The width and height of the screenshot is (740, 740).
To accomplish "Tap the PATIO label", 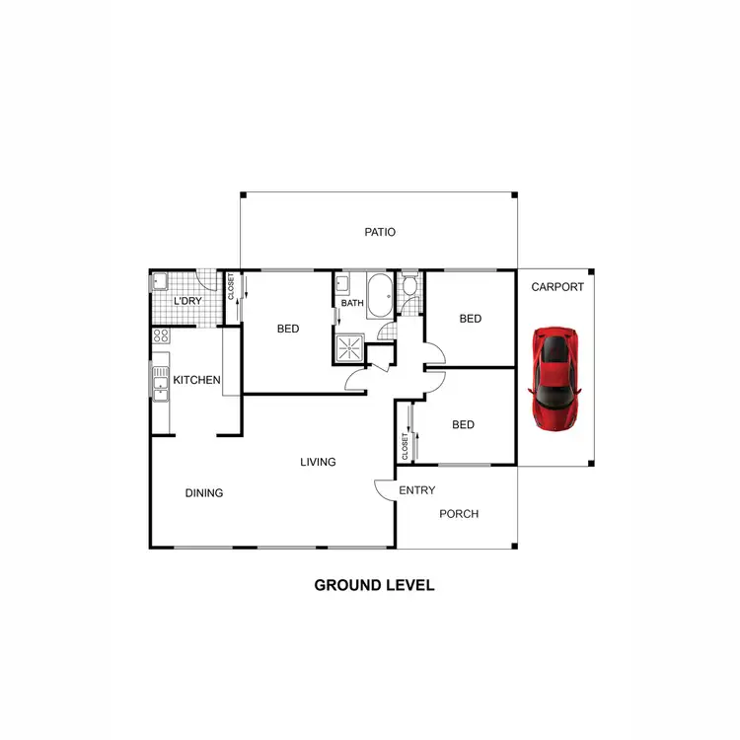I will click(380, 233).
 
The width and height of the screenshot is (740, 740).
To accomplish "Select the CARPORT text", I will click(557, 288).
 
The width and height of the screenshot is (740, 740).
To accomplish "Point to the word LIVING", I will click(319, 462).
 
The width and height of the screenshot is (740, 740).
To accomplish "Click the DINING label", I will click(204, 493).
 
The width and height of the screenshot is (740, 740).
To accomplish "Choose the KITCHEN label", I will click(196, 380).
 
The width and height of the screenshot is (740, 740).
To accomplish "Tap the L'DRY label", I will click(187, 302).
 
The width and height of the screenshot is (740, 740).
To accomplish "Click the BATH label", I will click(352, 303).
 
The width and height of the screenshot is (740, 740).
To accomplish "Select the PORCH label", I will click(459, 514).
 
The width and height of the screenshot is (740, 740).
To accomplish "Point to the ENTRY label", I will click(416, 490).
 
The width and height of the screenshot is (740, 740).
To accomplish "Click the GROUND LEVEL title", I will click(374, 585).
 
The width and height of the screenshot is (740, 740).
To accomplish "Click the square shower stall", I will click(348, 347).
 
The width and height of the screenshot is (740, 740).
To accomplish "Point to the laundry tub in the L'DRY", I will click(160, 284).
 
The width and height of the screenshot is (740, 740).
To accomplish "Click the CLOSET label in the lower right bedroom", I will click(405, 445).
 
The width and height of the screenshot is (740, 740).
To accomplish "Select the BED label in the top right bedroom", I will click(470, 319).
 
